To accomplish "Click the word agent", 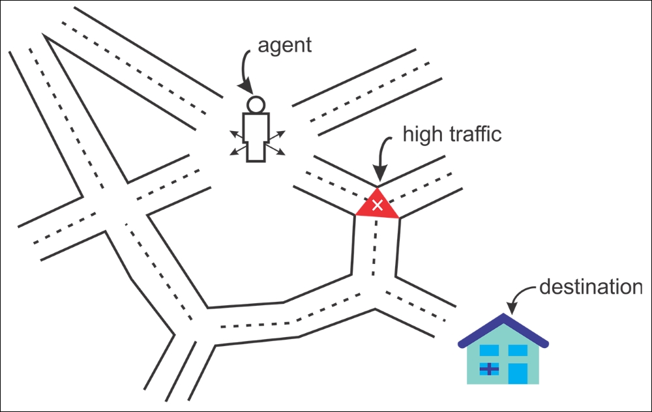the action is point(284,46).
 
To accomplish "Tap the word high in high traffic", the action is point(422,134).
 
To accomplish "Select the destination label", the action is point(591,287).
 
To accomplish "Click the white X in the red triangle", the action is point(378,205).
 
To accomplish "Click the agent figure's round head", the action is point(256,104).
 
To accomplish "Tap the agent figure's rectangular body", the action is point(256,137).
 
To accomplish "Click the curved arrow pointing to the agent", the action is point(245,70).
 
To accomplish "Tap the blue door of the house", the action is point(518,374).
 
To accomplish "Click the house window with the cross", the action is point(489,369).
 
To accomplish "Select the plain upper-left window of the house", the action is point(489,351).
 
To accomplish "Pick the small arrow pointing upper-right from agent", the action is point(276,135).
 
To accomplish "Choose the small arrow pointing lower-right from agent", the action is point(275,150).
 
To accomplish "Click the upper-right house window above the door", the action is point(518,351).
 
